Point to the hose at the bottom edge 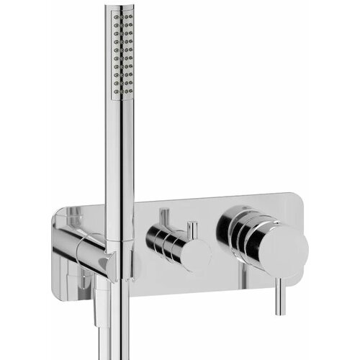point(107,346)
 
